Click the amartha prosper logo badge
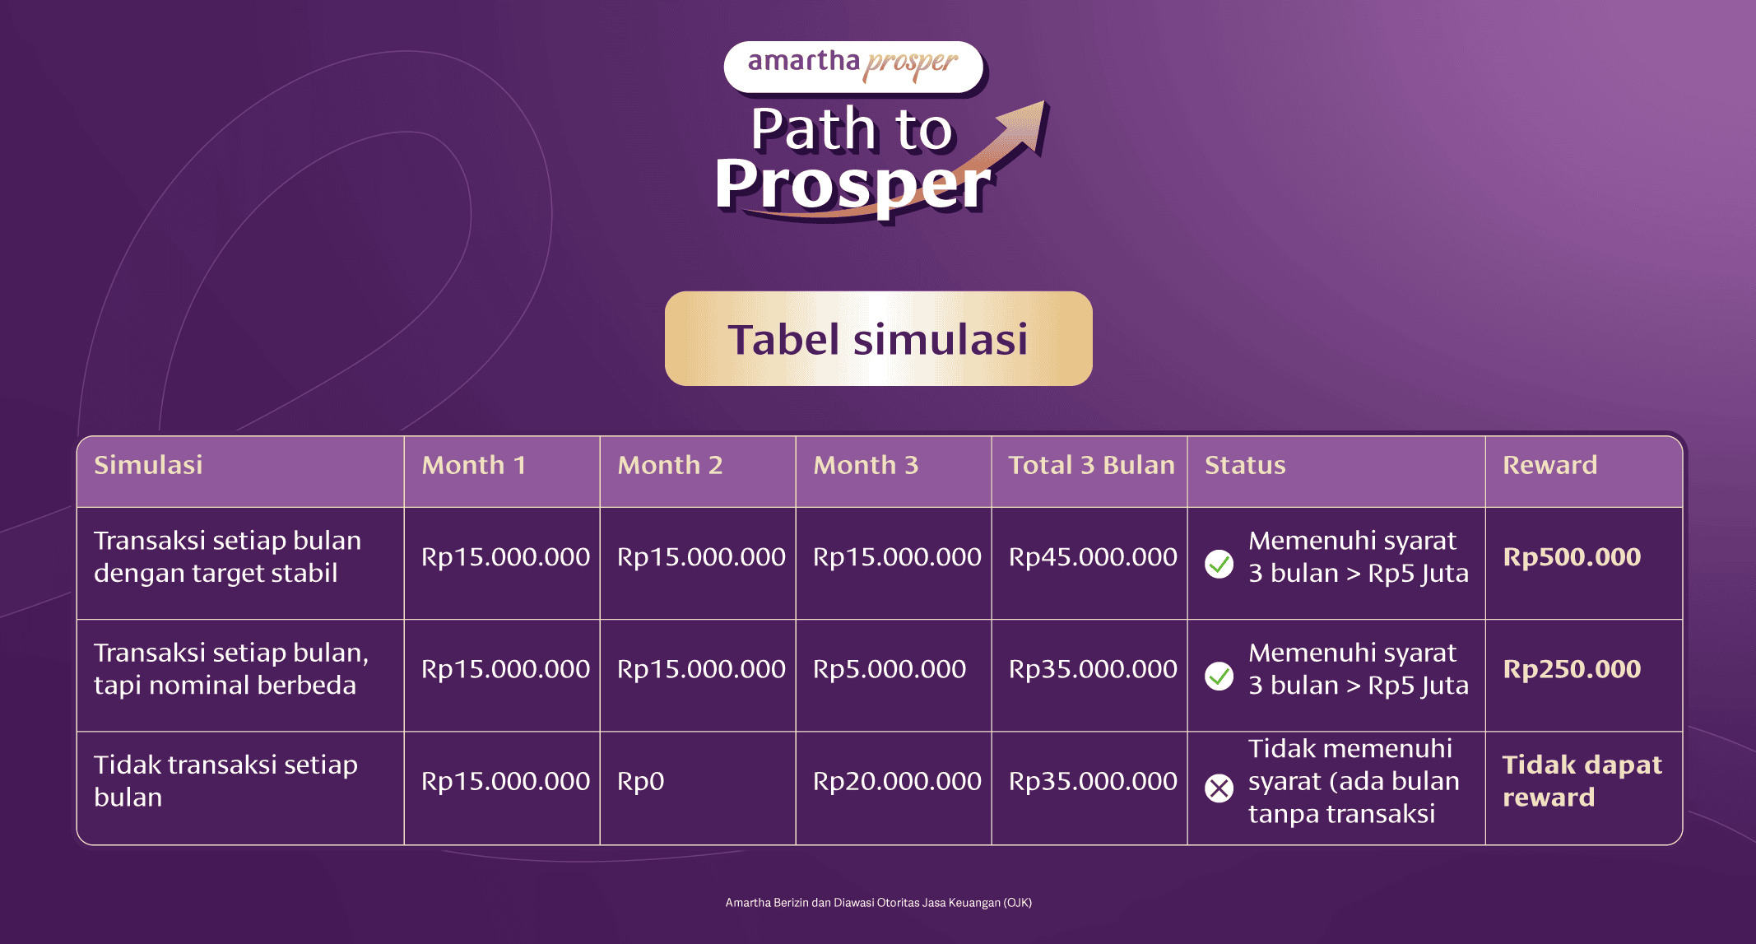click(853, 67)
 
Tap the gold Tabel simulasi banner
click(878, 338)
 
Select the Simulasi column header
click(148, 465)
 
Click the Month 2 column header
click(670, 465)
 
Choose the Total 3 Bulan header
click(1091, 465)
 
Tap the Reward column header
click(1549, 465)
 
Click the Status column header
click(1245, 465)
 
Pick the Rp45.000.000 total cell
click(1093, 557)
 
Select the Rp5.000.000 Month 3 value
click(890, 669)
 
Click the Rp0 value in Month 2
click(640, 781)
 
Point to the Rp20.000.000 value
click(897, 781)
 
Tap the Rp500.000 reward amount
click(1572, 557)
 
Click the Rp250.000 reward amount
click(1572, 669)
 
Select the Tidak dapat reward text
click(1582, 781)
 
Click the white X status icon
click(1219, 788)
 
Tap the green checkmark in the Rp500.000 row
click(1219, 564)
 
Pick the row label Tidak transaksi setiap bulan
click(225, 781)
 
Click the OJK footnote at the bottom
click(878, 903)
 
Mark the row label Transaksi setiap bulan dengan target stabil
click(227, 557)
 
